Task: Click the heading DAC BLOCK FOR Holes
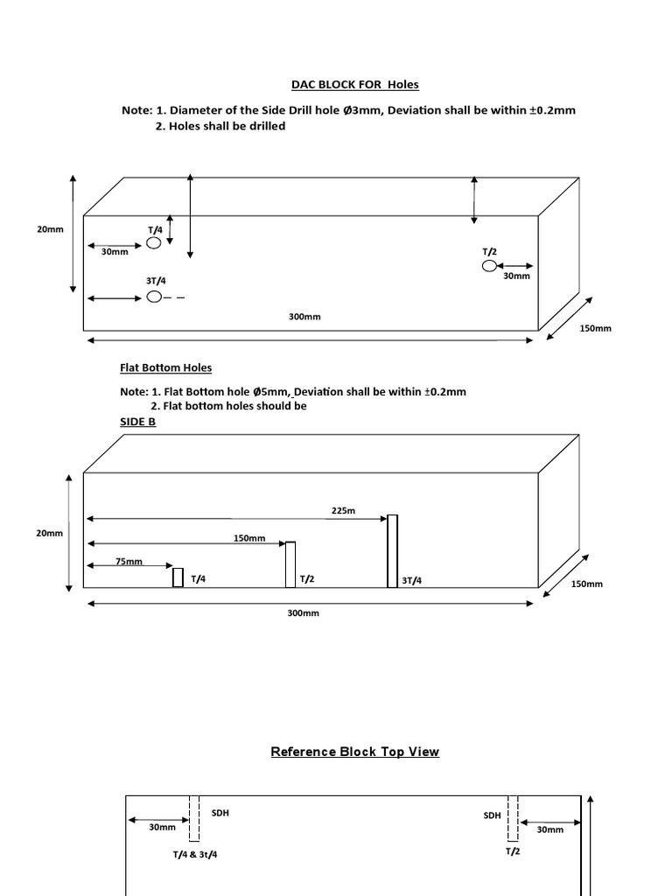355,85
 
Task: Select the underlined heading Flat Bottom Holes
165,367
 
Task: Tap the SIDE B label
137,422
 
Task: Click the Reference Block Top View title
355,752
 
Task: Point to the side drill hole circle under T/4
154,242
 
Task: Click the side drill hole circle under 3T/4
154,297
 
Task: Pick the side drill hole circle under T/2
489,265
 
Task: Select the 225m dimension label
343,511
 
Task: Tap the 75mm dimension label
129,561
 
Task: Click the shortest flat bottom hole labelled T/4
178,577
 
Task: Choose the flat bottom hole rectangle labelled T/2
290,564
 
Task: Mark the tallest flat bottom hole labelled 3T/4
393,550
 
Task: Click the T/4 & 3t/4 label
194,854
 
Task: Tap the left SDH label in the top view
220,813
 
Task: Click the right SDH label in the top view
493,815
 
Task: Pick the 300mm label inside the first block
304,317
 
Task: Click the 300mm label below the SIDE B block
304,613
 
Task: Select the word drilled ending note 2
265,126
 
